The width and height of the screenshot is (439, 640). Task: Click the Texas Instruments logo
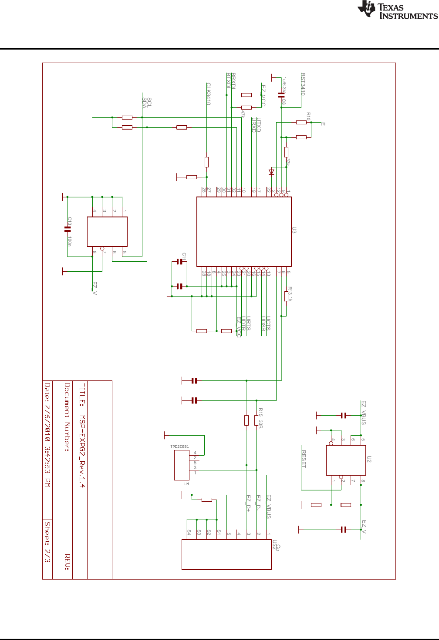tap(397, 10)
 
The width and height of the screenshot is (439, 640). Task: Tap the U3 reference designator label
tap(294, 230)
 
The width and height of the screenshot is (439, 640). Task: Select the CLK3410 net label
tap(209, 94)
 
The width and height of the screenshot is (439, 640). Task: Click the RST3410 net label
tap(303, 84)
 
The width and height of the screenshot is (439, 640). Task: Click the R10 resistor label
tap(308, 116)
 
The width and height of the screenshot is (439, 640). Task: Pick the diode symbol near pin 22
tap(271, 172)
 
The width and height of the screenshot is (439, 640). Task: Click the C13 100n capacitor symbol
tap(68, 229)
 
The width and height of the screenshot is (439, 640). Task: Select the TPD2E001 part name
tap(179, 447)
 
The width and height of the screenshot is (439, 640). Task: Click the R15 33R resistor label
tap(260, 418)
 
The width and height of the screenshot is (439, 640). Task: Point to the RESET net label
tap(304, 459)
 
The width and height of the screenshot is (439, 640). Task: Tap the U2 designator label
tap(369, 459)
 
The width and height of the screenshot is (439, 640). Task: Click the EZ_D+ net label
tap(249, 503)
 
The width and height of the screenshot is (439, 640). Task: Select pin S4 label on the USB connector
tap(189, 532)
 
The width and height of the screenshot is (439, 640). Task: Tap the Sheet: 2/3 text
tap(47, 542)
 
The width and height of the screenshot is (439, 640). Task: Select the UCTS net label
tap(268, 323)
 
